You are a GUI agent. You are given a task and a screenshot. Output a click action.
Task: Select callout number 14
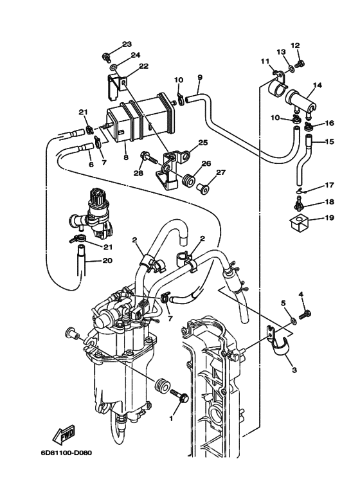pyautogui.click(x=318, y=85)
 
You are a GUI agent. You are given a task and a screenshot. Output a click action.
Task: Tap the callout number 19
pyautogui.click(x=329, y=218)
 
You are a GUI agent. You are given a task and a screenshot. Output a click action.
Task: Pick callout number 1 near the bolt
pyautogui.click(x=172, y=417)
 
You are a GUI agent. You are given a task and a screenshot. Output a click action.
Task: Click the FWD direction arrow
pyautogui.click(x=64, y=437)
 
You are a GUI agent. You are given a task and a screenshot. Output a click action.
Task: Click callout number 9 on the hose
pyautogui.click(x=199, y=78)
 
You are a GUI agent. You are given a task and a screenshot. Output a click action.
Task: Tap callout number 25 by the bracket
pyautogui.click(x=203, y=142)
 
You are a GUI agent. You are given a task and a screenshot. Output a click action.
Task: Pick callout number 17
pyautogui.click(x=329, y=185)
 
